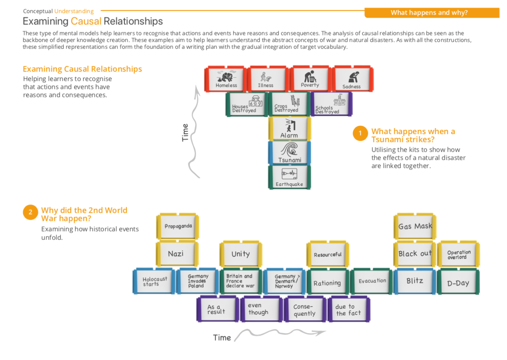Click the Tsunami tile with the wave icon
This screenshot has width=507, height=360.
[289, 153]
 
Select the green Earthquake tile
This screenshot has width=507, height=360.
[289, 177]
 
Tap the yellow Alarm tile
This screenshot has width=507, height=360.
[289, 129]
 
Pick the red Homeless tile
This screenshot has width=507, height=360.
[226, 79]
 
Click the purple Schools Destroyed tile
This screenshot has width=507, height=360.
[331, 104]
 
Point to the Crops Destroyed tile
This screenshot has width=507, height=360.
[289, 104]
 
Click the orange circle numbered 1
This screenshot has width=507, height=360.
[360, 133]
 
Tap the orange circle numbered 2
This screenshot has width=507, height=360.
[30, 212]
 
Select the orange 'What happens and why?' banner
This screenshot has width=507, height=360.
[429, 13]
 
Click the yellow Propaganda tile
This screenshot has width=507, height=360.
[178, 227]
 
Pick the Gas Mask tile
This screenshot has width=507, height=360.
[415, 227]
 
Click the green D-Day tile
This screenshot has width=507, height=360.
[458, 282]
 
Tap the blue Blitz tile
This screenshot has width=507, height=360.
[415, 281]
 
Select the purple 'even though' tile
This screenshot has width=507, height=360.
[260, 309]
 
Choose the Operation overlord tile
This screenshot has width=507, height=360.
[458, 254]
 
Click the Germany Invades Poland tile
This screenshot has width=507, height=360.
[197, 281]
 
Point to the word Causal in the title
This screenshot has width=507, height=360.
[86, 21]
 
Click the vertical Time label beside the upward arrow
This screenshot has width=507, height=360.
[185, 132]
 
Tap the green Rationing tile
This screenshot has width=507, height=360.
[327, 282]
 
